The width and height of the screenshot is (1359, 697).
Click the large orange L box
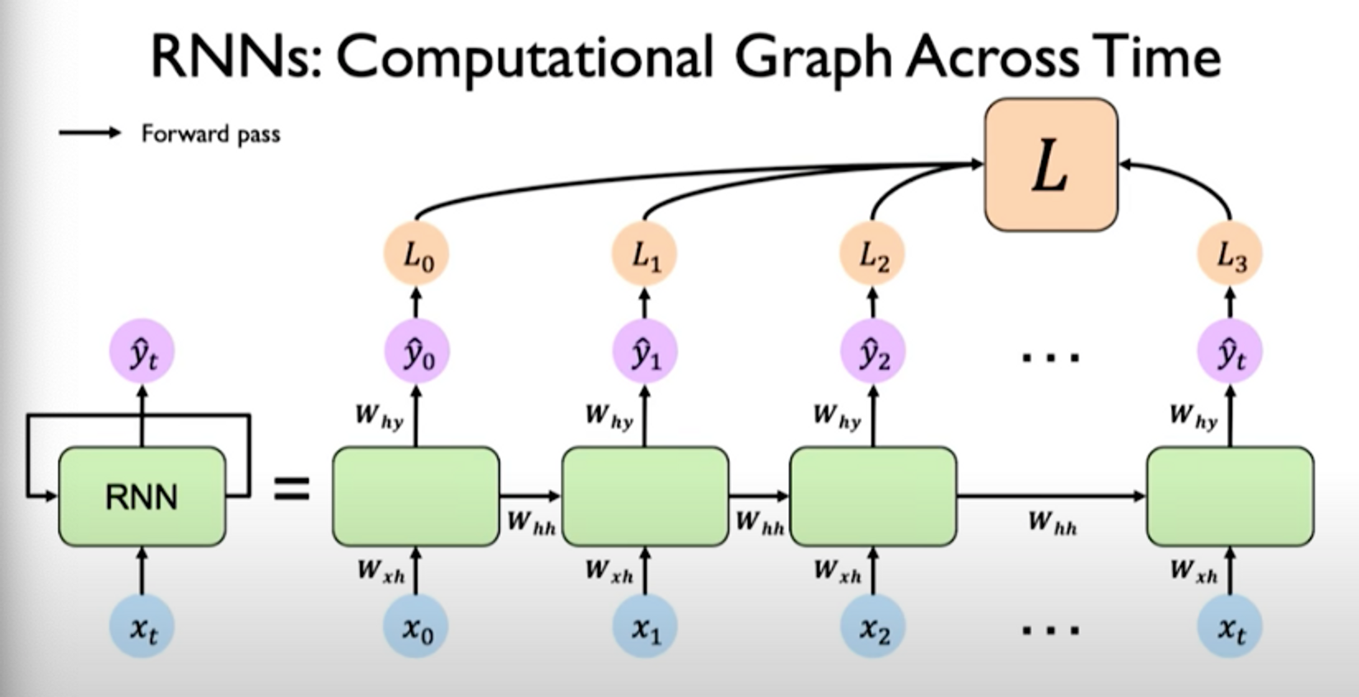(x=1051, y=164)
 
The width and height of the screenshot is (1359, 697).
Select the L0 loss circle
(x=416, y=255)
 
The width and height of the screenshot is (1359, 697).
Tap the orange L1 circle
(x=644, y=255)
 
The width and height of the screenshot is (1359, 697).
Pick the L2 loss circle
(x=872, y=255)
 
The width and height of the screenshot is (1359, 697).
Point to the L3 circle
(x=1230, y=255)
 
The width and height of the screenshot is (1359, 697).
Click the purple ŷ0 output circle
(x=416, y=353)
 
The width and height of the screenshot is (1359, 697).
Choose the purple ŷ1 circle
(x=644, y=353)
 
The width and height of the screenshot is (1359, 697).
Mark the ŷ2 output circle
(x=872, y=353)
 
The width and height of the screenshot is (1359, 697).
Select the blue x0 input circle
(x=416, y=628)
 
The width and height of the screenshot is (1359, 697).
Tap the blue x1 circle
(x=644, y=628)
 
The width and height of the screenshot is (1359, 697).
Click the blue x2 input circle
(x=872, y=628)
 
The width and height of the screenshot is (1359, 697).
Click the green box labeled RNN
(x=142, y=496)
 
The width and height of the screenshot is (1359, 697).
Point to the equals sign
(x=292, y=490)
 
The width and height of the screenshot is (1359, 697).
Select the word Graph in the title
(x=812, y=58)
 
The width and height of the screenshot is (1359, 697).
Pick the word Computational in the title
(x=524, y=58)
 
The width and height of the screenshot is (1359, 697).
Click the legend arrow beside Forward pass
(x=90, y=133)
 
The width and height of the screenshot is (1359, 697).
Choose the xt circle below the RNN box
(x=142, y=628)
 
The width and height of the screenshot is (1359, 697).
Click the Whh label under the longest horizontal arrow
(x=1052, y=523)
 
